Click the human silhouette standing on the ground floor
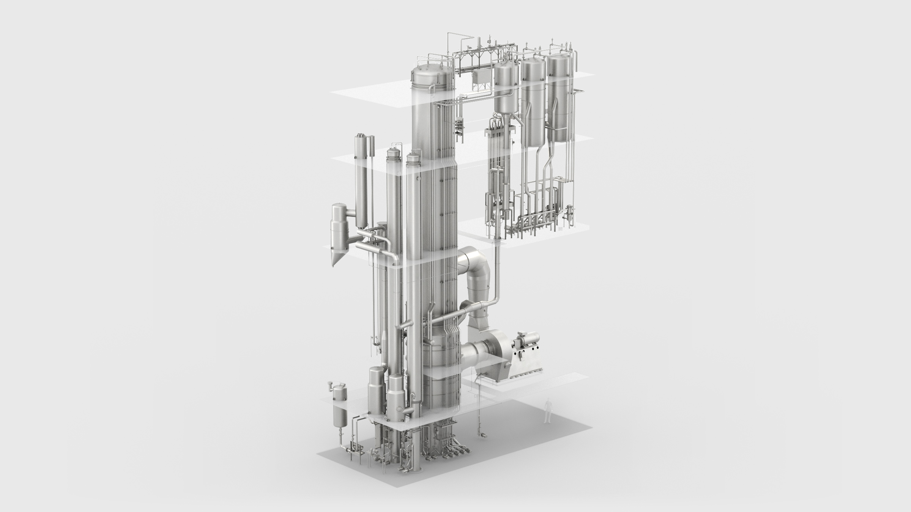click(547, 411)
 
